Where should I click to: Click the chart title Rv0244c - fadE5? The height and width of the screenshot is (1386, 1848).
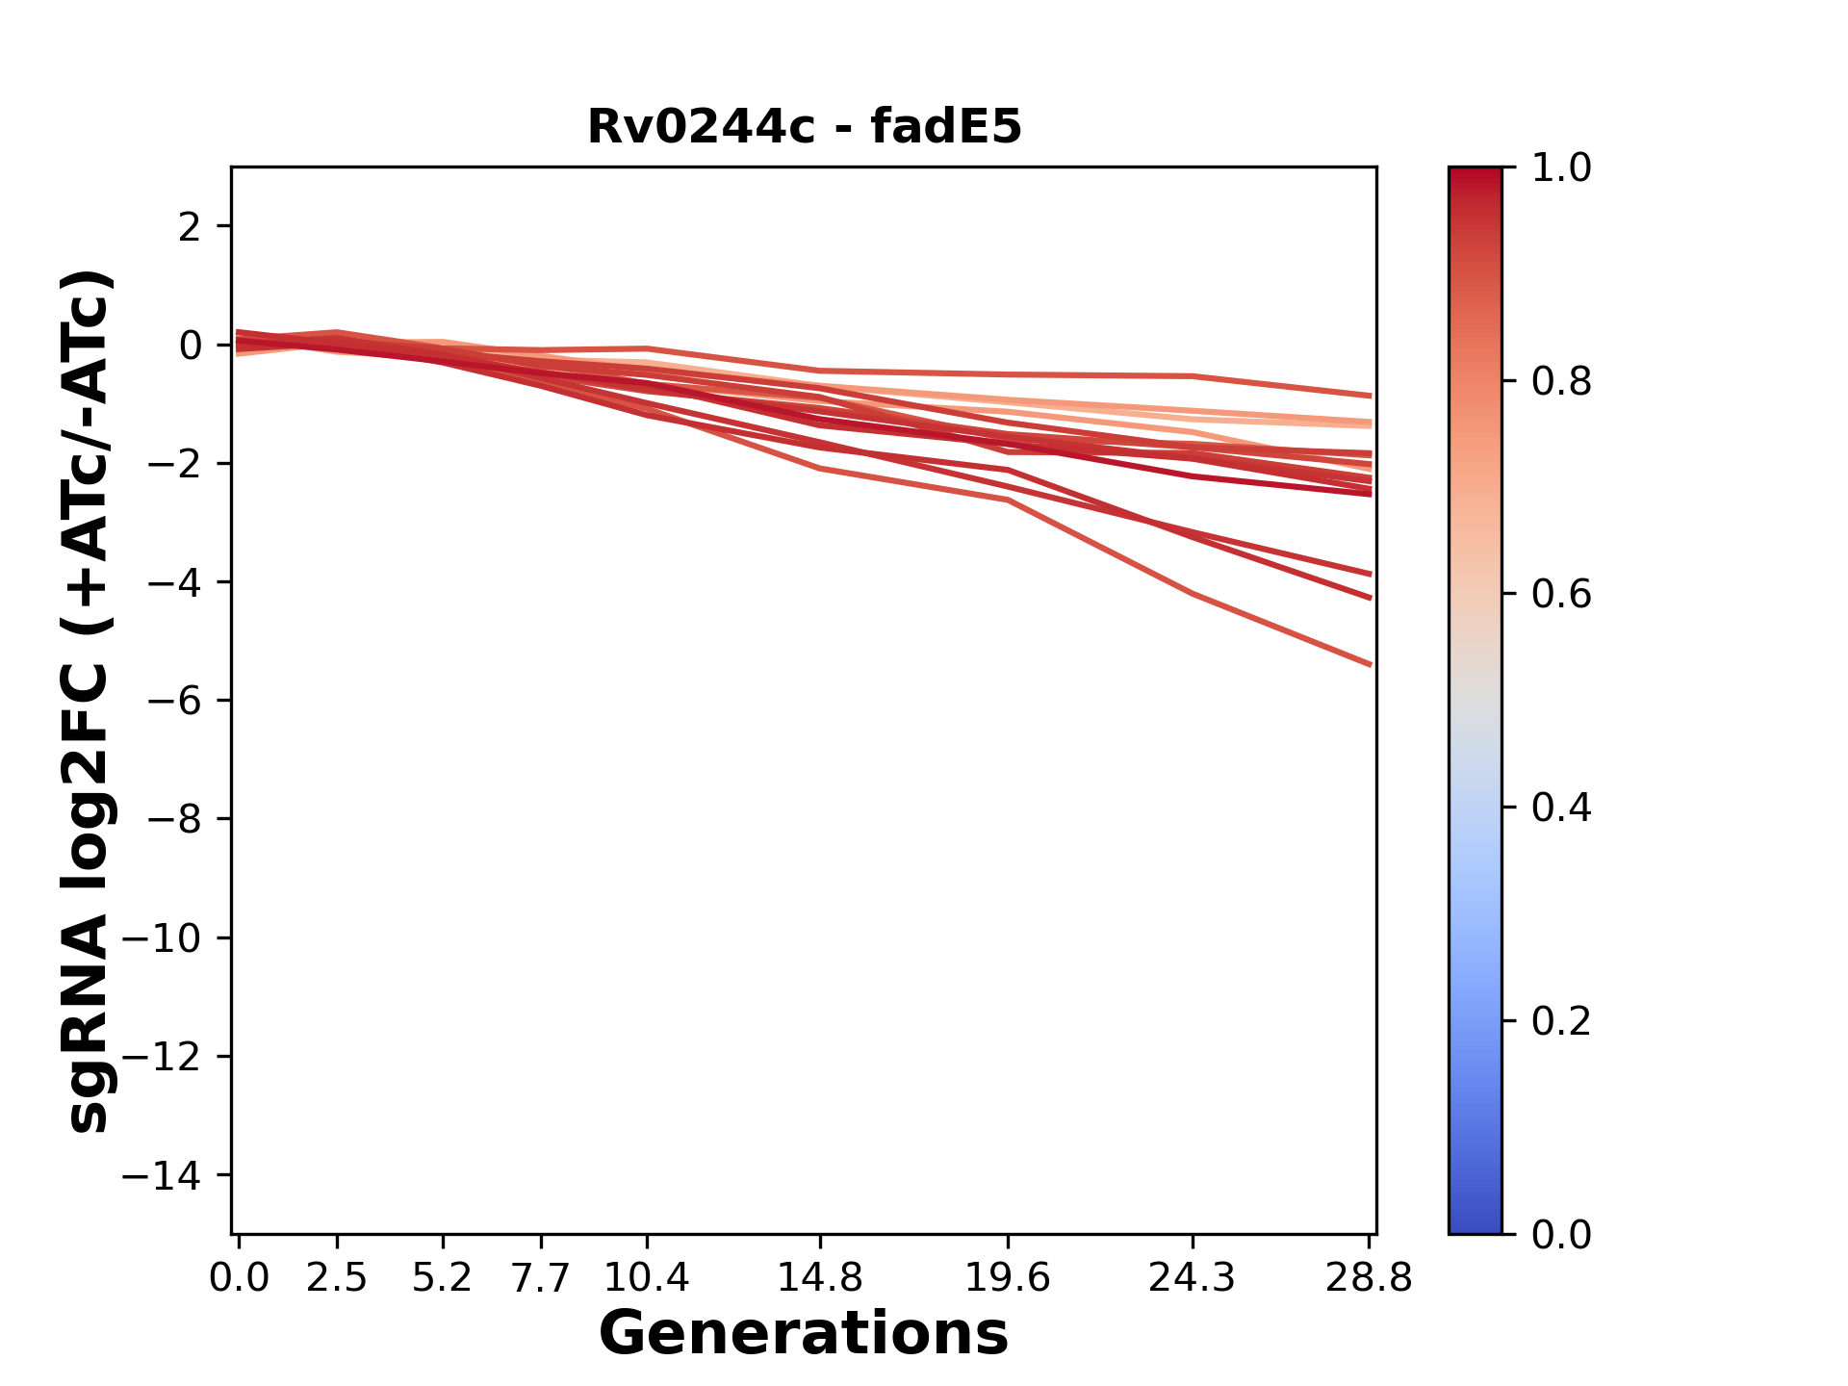[804, 127]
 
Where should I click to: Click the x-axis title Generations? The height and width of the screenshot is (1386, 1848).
[804, 1334]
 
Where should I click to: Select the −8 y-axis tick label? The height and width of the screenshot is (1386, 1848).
[173, 820]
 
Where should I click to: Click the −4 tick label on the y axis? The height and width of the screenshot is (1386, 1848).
[173, 582]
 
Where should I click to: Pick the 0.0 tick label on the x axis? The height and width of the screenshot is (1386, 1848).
[239, 1278]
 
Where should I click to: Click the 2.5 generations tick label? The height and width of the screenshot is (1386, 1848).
[337, 1278]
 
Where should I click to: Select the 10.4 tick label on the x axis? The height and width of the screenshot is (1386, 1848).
[647, 1278]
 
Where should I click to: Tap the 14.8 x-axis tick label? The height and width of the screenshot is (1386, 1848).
[820, 1278]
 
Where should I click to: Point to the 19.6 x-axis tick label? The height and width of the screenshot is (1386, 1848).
[1008, 1278]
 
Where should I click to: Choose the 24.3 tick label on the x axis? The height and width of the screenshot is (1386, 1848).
[1193, 1278]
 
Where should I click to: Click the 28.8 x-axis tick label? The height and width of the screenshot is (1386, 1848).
[1369, 1278]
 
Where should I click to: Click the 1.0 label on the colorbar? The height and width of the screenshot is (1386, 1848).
[1561, 168]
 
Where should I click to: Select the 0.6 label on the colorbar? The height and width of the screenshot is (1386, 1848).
[1561, 595]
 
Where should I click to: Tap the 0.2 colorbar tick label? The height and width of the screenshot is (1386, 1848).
[1561, 1021]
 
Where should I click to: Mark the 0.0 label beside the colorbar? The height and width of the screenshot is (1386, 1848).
[1561, 1235]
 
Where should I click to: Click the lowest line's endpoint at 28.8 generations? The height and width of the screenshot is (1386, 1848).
[1370, 665]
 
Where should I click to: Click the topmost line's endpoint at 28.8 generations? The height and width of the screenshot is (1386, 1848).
[1370, 396]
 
